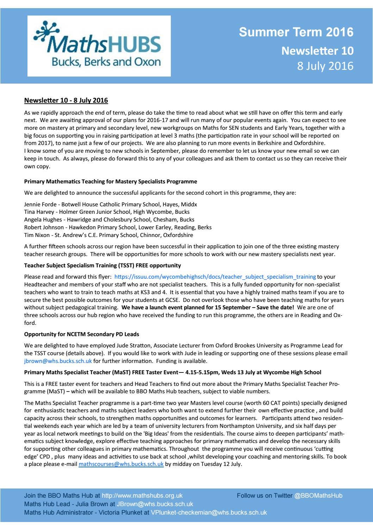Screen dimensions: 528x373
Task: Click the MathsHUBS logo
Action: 99,46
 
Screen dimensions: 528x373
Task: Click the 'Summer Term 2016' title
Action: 296,32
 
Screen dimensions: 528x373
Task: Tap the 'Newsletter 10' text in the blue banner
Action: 317,51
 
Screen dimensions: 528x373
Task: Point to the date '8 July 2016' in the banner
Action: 325,66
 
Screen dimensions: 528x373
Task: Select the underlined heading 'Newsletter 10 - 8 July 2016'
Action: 66,101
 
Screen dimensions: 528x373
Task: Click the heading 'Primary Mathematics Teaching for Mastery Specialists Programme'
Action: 110,182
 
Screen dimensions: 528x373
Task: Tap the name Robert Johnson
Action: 44,227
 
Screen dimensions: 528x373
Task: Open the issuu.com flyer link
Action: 215,277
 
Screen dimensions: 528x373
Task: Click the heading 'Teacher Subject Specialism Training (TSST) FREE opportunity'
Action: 102,265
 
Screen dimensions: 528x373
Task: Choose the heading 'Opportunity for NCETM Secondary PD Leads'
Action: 81,334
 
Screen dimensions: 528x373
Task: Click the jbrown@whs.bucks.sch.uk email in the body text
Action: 58,361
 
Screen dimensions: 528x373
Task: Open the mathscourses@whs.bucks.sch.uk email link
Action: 121,464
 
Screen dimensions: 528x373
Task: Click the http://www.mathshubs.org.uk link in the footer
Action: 142,496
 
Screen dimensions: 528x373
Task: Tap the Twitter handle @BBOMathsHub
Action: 318,496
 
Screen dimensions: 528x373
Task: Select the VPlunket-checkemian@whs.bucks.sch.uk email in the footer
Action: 209,512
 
